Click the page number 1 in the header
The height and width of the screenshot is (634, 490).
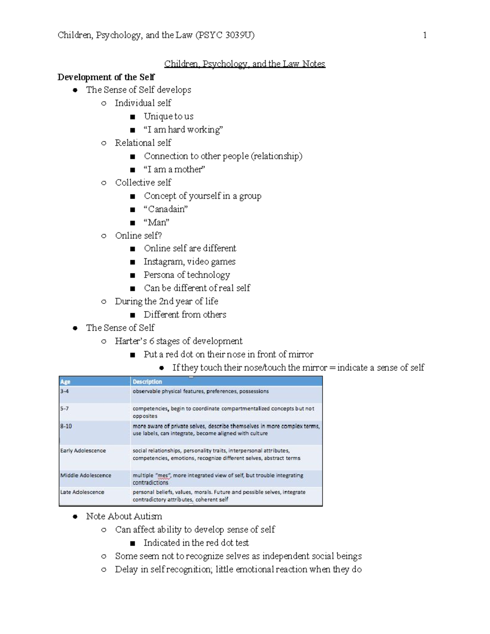pos(425,35)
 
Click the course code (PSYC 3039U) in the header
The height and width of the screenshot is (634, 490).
pos(225,35)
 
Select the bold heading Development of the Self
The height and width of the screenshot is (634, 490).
pos(106,77)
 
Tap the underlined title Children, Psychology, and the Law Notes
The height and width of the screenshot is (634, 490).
pos(245,64)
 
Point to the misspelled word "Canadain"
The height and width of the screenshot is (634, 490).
pos(166,209)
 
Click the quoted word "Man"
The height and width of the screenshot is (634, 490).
pos(156,222)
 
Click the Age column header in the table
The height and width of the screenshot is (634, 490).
pos(65,382)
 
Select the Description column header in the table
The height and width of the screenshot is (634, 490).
pos(147,382)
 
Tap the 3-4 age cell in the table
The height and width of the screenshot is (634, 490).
pos(65,391)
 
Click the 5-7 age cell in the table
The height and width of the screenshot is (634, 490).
pos(65,408)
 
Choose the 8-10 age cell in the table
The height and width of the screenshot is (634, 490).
pos(66,426)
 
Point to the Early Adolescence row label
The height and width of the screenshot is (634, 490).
pos(83,451)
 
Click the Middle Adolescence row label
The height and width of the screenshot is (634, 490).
pos(86,475)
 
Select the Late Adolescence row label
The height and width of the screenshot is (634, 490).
pos(82,492)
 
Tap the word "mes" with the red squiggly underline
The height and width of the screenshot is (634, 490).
pos(163,476)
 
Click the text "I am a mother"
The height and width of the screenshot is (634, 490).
pos(174,169)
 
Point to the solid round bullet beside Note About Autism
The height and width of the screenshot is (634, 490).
pos(75,516)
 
